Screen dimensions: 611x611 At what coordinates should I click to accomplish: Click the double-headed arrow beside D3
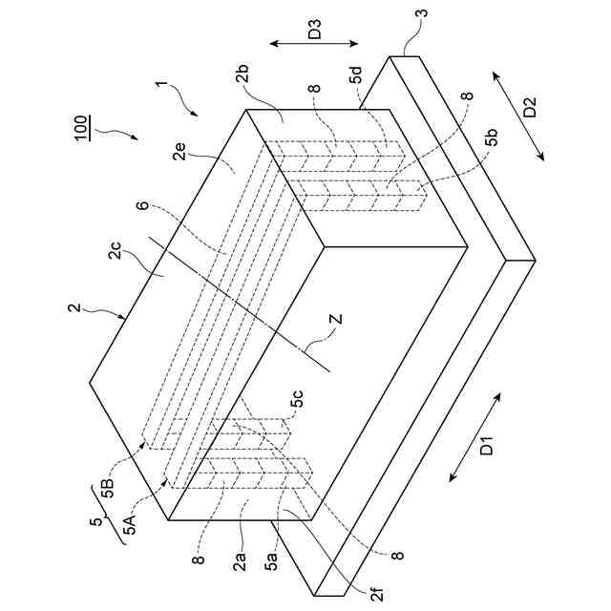tap(313, 43)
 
